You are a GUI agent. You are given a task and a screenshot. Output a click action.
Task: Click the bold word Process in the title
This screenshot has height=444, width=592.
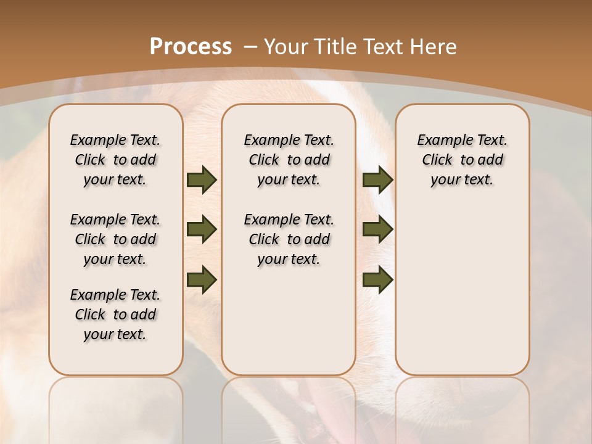coord(191,47)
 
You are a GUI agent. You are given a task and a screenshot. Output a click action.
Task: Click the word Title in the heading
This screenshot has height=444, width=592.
coord(334,47)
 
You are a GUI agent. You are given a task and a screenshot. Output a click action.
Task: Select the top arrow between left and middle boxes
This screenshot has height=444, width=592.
coord(202,179)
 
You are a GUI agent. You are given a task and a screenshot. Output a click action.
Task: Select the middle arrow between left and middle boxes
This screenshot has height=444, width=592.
coord(202,229)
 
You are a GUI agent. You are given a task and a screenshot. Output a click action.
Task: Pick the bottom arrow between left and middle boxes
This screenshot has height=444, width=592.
coord(202,279)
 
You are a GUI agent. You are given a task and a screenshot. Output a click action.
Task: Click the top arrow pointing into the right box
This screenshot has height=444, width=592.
coord(377,179)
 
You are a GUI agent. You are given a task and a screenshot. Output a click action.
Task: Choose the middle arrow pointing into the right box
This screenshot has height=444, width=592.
coord(377,229)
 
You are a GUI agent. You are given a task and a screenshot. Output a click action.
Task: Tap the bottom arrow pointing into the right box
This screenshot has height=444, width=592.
coord(377,279)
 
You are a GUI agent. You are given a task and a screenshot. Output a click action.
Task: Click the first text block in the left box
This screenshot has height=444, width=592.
coord(115,160)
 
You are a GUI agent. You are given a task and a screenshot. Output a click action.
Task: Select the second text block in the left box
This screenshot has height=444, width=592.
coord(115,239)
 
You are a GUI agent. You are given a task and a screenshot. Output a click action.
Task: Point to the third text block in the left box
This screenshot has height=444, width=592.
coord(115,314)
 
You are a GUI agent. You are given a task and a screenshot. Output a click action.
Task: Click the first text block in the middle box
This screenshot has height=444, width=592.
coord(289,160)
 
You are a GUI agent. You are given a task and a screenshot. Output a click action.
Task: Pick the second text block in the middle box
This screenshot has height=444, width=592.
coord(289,239)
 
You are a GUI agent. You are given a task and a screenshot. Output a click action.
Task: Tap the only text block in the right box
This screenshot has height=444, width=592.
coord(462,160)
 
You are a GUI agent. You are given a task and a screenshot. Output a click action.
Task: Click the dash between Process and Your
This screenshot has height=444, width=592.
coord(250,47)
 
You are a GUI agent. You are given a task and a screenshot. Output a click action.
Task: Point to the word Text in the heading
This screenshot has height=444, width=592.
coord(382,47)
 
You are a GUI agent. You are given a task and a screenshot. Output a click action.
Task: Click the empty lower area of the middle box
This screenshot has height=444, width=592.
coord(289,321)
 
